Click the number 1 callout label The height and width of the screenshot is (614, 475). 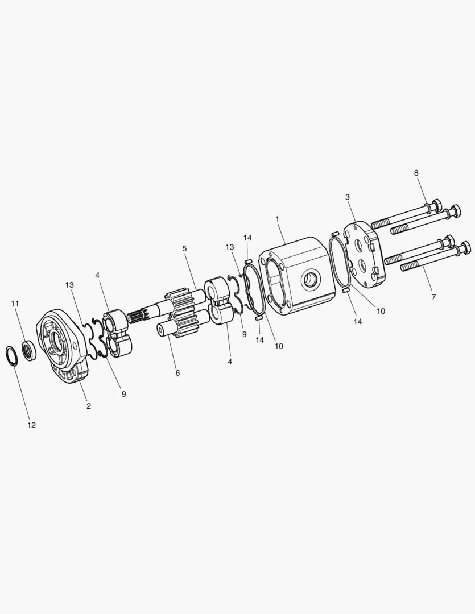pyautogui.click(x=278, y=219)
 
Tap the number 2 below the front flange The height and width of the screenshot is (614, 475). pyautogui.click(x=89, y=406)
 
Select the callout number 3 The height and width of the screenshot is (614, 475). pyautogui.click(x=347, y=197)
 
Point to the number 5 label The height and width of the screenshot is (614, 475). pyautogui.click(x=184, y=248)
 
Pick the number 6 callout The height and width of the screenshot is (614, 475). pyautogui.click(x=177, y=373)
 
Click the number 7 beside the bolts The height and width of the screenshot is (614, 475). pyautogui.click(x=433, y=297)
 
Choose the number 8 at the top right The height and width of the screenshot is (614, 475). pyautogui.click(x=416, y=173)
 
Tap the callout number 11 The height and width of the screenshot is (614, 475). pyautogui.click(x=15, y=304)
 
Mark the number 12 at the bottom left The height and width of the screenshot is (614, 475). pyautogui.click(x=31, y=425)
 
